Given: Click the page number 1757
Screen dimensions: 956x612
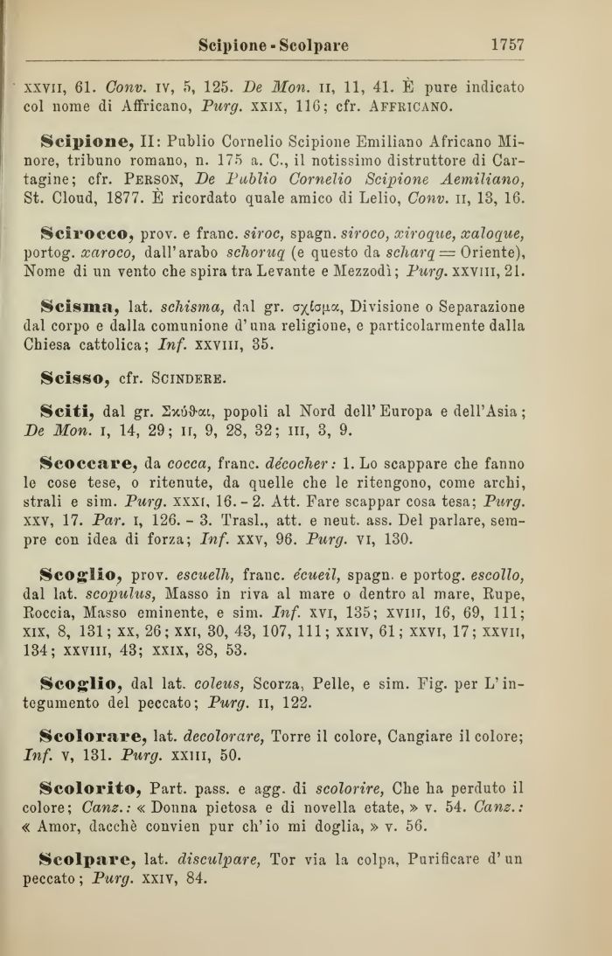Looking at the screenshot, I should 506,44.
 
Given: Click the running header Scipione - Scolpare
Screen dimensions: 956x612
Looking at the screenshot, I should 274,45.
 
